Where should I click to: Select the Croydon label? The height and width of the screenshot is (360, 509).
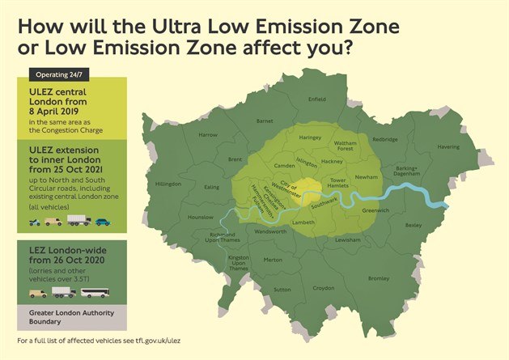tap(324, 287)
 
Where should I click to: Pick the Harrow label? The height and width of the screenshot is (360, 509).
tap(209, 134)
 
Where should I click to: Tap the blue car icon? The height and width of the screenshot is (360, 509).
tap(102, 221)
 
